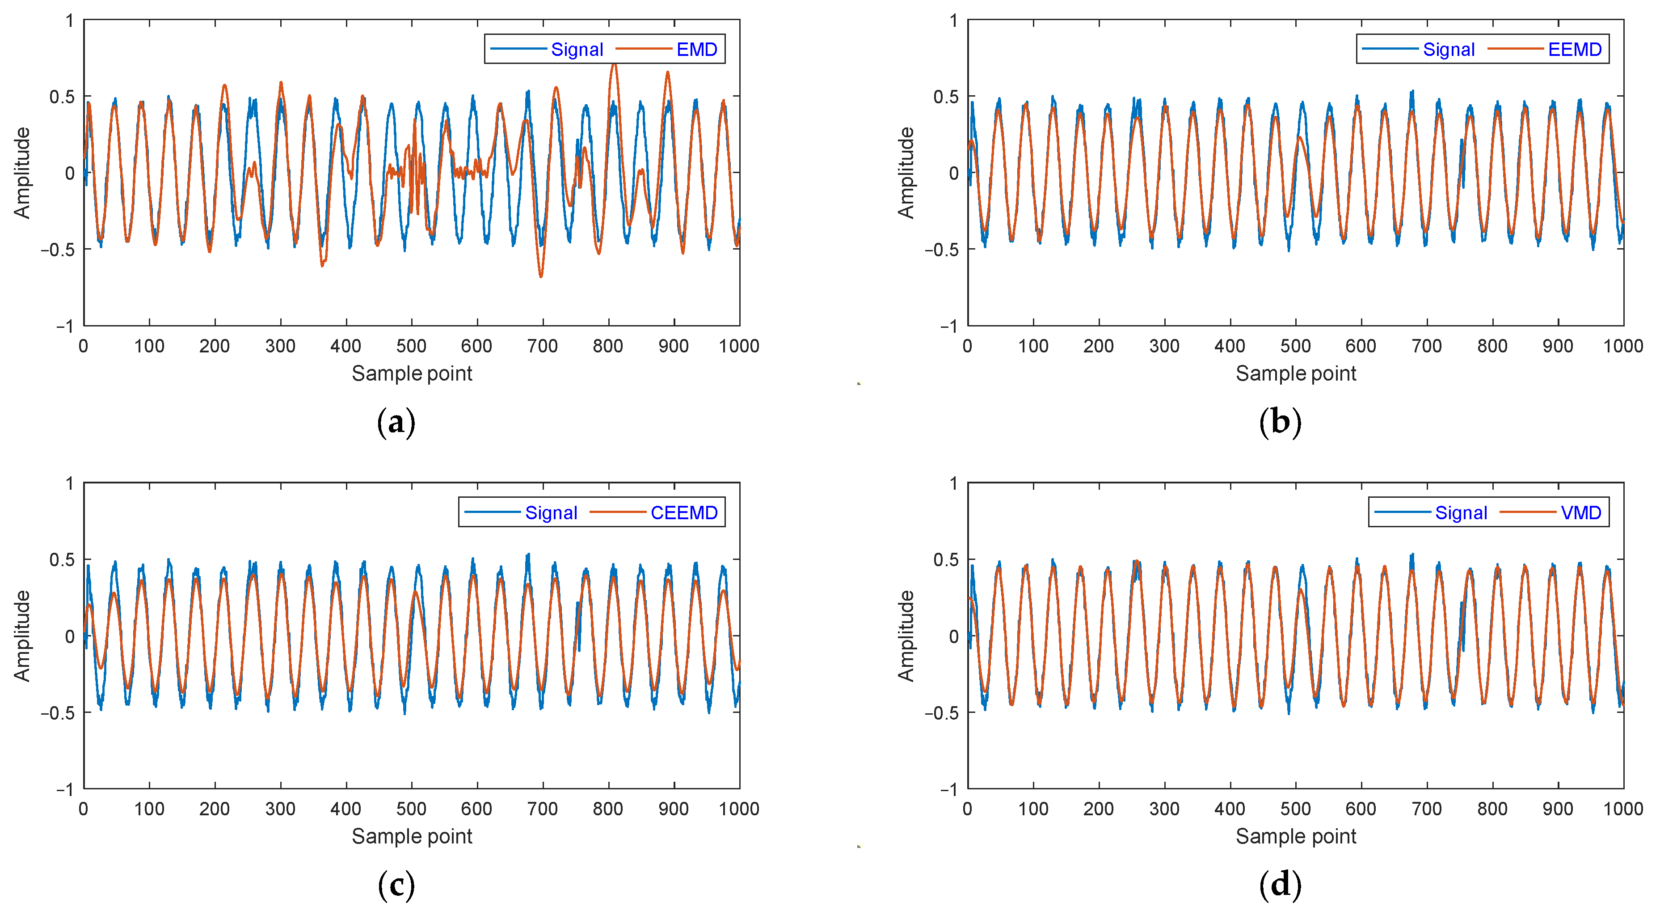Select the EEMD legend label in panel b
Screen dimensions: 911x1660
click(x=1574, y=50)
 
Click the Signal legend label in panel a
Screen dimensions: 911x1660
click(x=577, y=50)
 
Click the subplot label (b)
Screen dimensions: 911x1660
click(x=1280, y=422)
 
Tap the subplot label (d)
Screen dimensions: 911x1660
click(x=1280, y=885)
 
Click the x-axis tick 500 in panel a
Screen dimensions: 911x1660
click(x=411, y=346)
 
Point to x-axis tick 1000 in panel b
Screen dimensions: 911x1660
click(x=1622, y=346)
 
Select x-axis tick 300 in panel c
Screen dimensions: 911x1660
click(x=280, y=809)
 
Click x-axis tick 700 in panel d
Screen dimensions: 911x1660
click(x=1426, y=809)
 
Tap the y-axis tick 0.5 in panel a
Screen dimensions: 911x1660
click(x=62, y=97)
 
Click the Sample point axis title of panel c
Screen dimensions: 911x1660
click(x=412, y=836)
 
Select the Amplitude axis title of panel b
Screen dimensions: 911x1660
click(x=906, y=173)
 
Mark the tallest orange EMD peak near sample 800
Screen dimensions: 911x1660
click(x=614, y=64)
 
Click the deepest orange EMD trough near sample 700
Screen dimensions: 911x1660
click(x=541, y=276)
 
